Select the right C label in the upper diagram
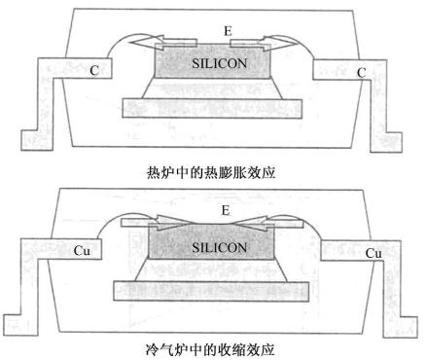click(x=361, y=71)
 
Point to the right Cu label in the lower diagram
click(x=372, y=252)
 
